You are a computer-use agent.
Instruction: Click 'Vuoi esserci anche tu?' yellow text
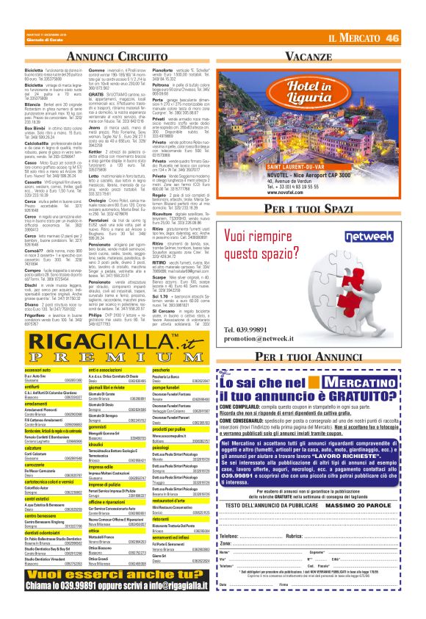[106, 594]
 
